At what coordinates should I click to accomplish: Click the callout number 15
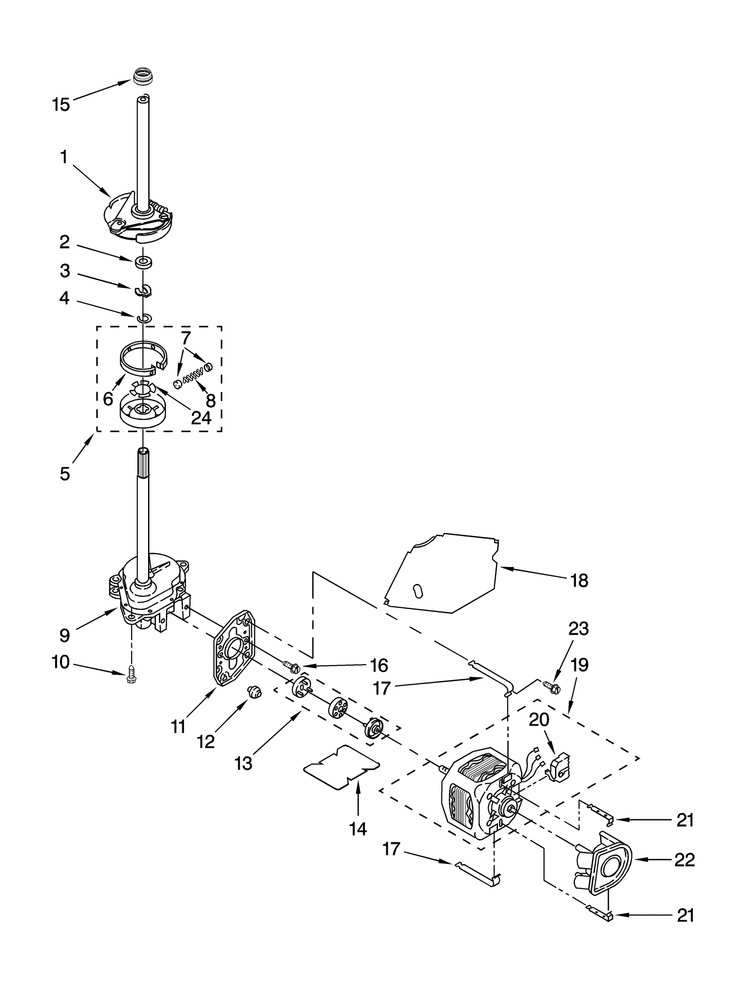point(61,104)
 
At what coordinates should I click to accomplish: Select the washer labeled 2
point(143,263)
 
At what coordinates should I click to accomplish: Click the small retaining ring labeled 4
point(144,318)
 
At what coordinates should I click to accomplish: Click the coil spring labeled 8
point(193,377)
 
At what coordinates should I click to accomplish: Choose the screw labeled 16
point(292,668)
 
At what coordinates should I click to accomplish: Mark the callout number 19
point(580,665)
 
